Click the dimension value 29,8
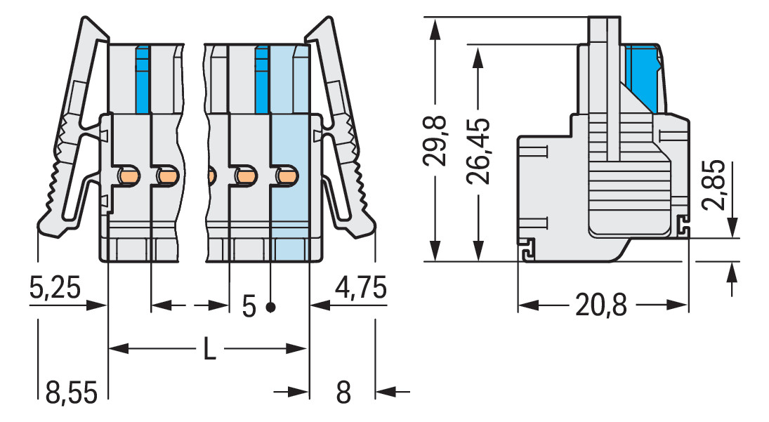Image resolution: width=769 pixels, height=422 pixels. [x=437, y=141]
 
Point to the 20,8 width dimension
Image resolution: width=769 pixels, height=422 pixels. [x=600, y=305]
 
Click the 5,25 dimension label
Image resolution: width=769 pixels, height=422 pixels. [x=55, y=288]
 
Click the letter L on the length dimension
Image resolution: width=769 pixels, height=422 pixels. [x=209, y=349]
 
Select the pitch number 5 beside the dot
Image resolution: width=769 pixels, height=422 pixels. [x=249, y=307]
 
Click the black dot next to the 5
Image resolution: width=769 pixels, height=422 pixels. [x=270, y=307]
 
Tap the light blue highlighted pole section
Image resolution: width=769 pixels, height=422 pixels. [x=289, y=211]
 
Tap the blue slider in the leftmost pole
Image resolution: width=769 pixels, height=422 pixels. [x=143, y=77]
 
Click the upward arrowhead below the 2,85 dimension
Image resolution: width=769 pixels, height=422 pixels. [x=733, y=270]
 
